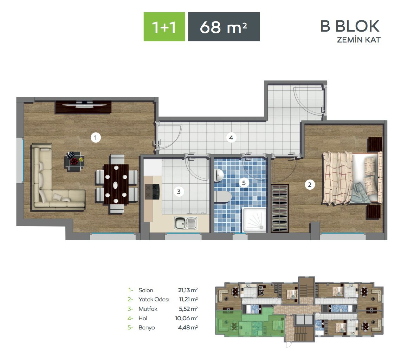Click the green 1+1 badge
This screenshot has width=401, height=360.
click(164, 27)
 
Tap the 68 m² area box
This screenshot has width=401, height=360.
click(224, 27)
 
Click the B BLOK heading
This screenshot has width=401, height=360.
click(350, 26)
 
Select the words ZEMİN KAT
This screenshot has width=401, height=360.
click(358, 40)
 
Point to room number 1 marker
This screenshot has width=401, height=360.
click(95, 138)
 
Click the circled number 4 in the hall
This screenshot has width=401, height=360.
click(231, 138)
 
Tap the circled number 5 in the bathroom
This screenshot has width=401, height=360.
click(244, 183)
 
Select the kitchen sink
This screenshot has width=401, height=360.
click(186, 223)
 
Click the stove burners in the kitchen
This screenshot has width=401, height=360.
click(152, 192)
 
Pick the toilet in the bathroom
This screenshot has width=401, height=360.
click(223, 197)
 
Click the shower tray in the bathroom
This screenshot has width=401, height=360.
click(254, 220)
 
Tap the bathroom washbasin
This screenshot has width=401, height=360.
click(219, 175)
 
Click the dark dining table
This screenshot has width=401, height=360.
click(116, 184)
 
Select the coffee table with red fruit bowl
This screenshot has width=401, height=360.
click(74, 162)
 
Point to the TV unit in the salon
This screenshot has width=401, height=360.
click(83, 107)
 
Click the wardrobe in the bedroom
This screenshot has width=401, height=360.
click(280, 208)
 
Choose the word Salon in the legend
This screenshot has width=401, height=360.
click(146, 290)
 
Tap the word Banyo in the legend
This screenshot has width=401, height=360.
click(147, 328)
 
